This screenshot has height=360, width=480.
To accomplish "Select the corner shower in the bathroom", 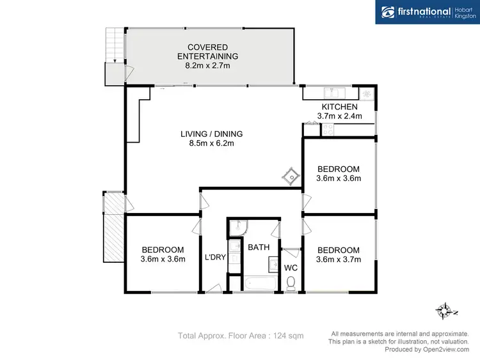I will (238, 227).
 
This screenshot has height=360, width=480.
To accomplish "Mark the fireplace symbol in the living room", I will (291, 174).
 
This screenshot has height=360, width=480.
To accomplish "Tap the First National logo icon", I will (388, 12).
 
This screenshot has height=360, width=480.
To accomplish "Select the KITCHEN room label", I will (339, 107).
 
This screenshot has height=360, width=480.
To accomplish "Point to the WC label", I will (291, 267).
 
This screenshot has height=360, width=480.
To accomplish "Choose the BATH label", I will (259, 247).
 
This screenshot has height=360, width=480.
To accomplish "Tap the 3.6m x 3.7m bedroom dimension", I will (339, 260).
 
